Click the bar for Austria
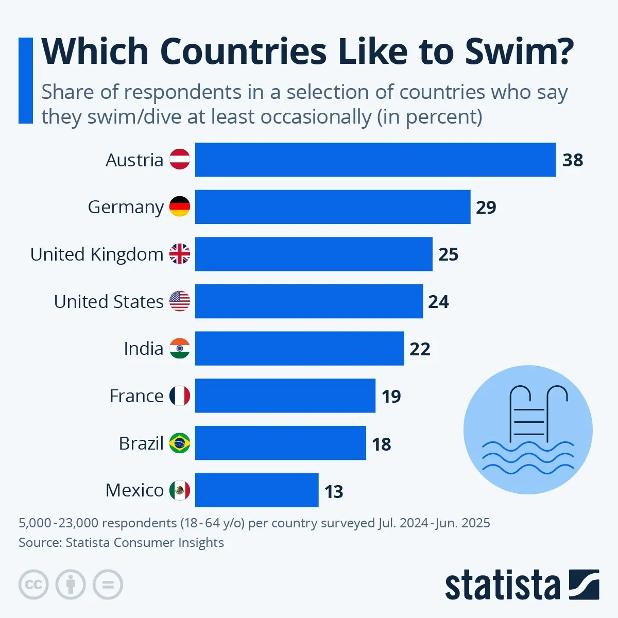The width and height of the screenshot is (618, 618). click(x=375, y=160)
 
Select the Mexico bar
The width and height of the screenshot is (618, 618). click(x=256, y=490)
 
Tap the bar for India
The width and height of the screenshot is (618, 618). click(x=299, y=348)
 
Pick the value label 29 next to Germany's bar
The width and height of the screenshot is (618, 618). click(x=486, y=207)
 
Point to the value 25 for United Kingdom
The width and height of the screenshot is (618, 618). click(x=448, y=254)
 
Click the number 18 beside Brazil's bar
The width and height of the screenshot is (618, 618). click(x=382, y=444)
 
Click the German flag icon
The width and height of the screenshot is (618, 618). click(x=180, y=207)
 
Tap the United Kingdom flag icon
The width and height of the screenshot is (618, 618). click(x=180, y=254)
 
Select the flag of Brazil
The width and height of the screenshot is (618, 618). click(x=180, y=443)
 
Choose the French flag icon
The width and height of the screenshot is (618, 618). click(x=180, y=396)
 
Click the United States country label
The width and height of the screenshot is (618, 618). click(x=109, y=301)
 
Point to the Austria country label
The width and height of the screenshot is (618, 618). click(x=134, y=160)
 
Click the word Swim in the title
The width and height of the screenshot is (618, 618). click(x=519, y=51)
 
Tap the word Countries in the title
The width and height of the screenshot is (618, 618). click(x=243, y=51)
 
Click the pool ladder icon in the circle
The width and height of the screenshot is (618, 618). click(x=528, y=415)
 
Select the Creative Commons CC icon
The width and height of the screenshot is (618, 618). click(x=33, y=585)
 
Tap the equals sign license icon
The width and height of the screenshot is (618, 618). click(x=108, y=585)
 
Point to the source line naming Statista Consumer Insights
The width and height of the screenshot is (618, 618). click(x=121, y=542)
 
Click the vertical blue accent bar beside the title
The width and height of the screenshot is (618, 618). click(x=25, y=80)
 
